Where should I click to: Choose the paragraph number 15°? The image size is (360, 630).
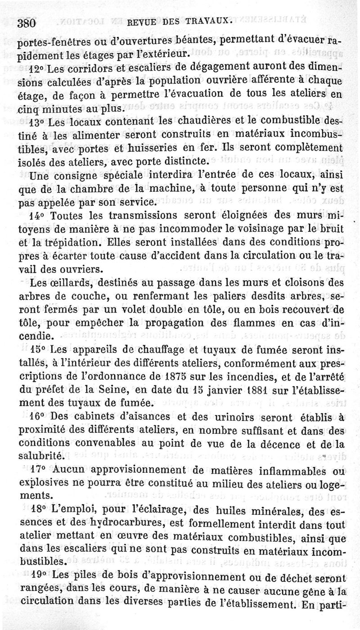point(37,349)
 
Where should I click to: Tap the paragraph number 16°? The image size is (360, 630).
point(37,417)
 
